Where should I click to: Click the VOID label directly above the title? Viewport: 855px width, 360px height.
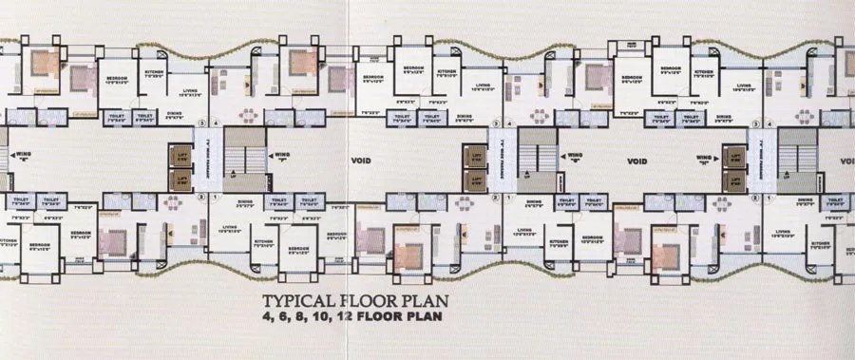click(361, 159)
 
